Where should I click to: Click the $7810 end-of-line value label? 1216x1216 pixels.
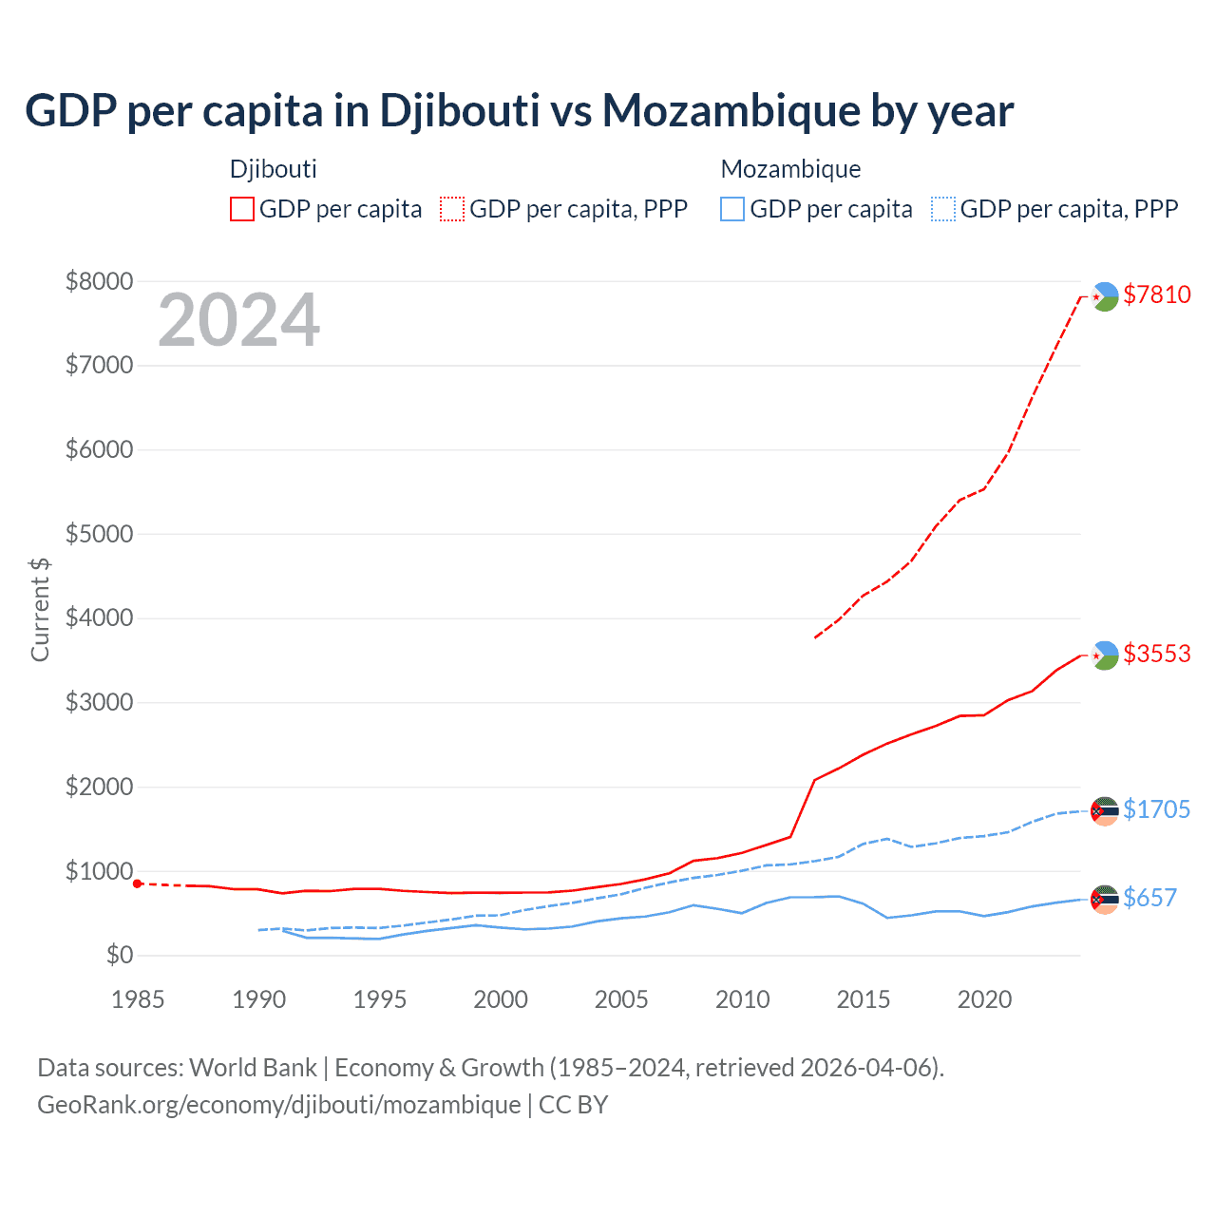pyautogui.click(x=1156, y=294)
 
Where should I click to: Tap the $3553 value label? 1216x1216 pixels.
pyautogui.click(x=1156, y=654)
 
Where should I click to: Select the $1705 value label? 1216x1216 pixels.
pyautogui.click(x=1156, y=809)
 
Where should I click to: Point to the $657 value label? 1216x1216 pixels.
pyautogui.click(x=1149, y=898)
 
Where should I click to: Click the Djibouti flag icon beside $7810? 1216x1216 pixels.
pyautogui.click(x=1105, y=296)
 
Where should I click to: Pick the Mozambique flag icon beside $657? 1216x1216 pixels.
pyautogui.click(x=1105, y=899)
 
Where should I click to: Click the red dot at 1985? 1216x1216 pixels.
pyautogui.click(x=138, y=883)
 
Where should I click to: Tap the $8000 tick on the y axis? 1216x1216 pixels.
pyautogui.click(x=99, y=281)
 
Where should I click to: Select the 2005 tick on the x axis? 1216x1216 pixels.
pyautogui.click(x=621, y=999)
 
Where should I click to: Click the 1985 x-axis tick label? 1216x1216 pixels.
pyautogui.click(x=138, y=999)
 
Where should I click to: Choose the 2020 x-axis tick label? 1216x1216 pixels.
pyautogui.click(x=984, y=999)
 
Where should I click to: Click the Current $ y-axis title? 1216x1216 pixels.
pyautogui.click(x=40, y=609)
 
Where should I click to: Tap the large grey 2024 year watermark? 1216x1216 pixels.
pyautogui.click(x=238, y=320)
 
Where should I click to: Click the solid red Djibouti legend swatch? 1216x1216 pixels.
pyautogui.click(x=242, y=209)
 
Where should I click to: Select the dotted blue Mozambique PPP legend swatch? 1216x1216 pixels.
pyautogui.click(x=943, y=209)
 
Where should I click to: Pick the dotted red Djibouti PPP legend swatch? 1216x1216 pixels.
pyautogui.click(x=453, y=209)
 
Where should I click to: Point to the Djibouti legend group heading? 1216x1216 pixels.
pyautogui.click(x=273, y=169)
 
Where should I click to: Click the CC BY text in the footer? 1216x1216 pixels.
pyautogui.click(x=573, y=1105)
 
